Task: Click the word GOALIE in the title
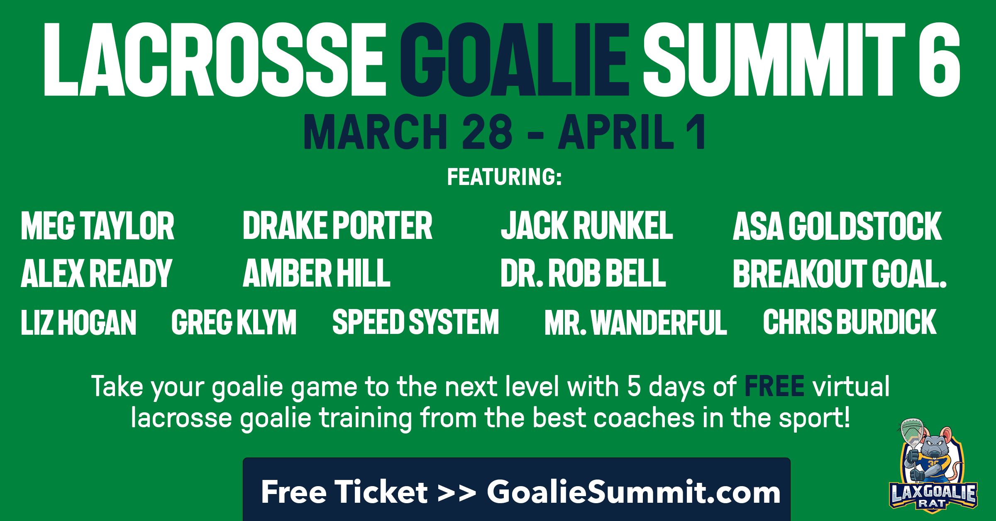click(x=515, y=59)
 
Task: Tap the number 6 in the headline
click(x=939, y=59)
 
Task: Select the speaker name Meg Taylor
click(x=98, y=226)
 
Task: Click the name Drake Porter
click(x=337, y=226)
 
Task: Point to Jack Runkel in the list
click(x=587, y=226)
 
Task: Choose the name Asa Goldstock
click(x=837, y=226)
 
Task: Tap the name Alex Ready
click(x=96, y=273)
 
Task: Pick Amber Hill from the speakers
click(x=317, y=273)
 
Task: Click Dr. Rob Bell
click(x=583, y=273)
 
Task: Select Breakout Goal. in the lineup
click(x=840, y=273)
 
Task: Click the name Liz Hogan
click(x=78, y=322)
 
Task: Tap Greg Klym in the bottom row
click(x=234, y=322)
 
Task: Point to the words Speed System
click(x=416, y=322)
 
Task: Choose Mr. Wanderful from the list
click(x=636, y=322)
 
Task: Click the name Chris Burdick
click(x=850, y=322)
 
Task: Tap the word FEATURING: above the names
click(x=505, y=177)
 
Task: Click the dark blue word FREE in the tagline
click(x=774, y=386)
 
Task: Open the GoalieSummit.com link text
click(x=634, y=492)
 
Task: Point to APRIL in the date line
click(x=616, y=131)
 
